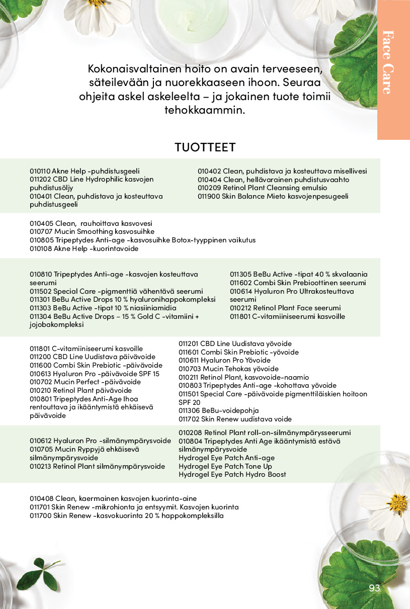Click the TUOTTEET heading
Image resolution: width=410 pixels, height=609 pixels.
pos(205,147)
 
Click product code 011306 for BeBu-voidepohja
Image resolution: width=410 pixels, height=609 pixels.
pos(189,410)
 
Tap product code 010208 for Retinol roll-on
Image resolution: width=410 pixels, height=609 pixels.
pos(189,432)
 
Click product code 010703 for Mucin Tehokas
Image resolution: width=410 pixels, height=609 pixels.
pos(189,369)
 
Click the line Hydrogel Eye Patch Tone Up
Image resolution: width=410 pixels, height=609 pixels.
pos(225,466)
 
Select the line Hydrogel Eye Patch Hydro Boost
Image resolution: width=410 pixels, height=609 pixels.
pos(232,474)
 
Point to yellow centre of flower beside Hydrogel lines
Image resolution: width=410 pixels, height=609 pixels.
pos(397,502)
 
